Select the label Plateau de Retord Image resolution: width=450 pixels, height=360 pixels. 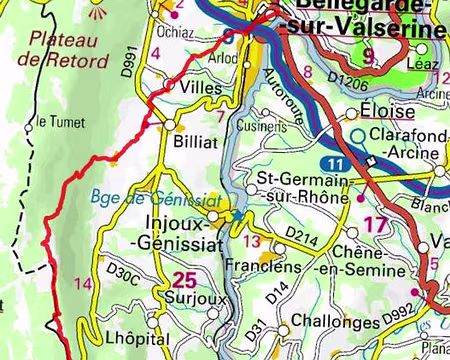tap(68, 50)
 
